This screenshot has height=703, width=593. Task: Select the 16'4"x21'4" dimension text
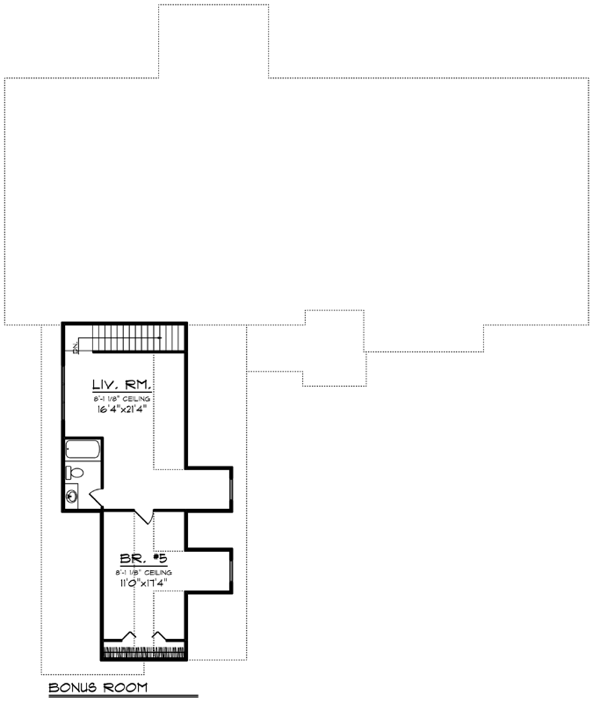[124, 409]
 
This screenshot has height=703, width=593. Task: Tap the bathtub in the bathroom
[83, 452]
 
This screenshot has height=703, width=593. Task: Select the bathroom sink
[72, 496]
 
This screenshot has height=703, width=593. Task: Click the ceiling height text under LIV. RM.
[124, 398]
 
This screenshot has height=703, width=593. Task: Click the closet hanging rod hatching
[144, 652]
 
